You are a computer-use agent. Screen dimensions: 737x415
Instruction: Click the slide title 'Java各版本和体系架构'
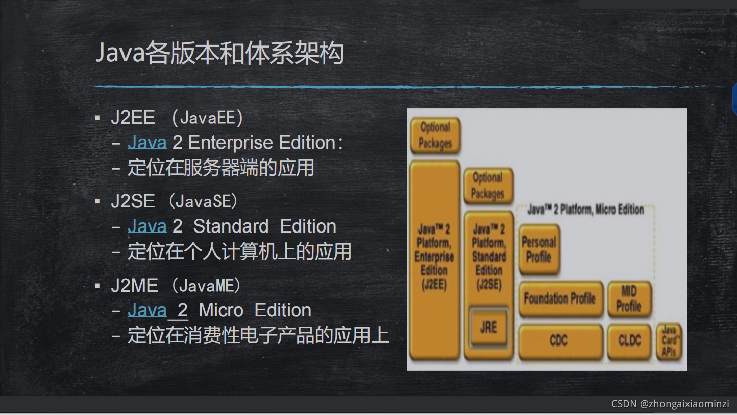(219, 53)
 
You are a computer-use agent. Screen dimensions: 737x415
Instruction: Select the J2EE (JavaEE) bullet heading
(177, 118)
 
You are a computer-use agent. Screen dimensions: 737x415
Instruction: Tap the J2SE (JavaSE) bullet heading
(174, 201)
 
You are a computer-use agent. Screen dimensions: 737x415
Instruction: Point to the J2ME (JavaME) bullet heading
(176, 285)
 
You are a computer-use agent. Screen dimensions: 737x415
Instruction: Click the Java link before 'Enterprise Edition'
(147, 143)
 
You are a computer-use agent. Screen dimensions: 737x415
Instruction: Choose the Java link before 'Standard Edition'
(147, 226)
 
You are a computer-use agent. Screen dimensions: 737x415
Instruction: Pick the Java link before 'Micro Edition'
(147, 310)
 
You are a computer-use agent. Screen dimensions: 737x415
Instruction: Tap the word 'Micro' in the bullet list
(221, 310)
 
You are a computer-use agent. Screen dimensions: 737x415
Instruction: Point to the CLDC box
(629, 340)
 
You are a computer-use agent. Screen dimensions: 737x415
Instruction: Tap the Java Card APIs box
(669, 341)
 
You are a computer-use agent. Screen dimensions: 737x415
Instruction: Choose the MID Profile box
(629, 298)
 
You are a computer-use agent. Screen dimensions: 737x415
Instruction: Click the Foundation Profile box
(560, 298)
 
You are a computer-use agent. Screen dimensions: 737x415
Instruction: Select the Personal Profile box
(539, 249)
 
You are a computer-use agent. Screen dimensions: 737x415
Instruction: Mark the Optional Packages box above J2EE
(435, 135)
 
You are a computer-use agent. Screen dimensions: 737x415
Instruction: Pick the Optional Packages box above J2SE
(488, 186)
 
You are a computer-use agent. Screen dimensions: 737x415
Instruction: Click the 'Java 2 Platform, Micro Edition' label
(585, 210)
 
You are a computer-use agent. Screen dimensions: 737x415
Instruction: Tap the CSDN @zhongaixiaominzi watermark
(670, 404)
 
